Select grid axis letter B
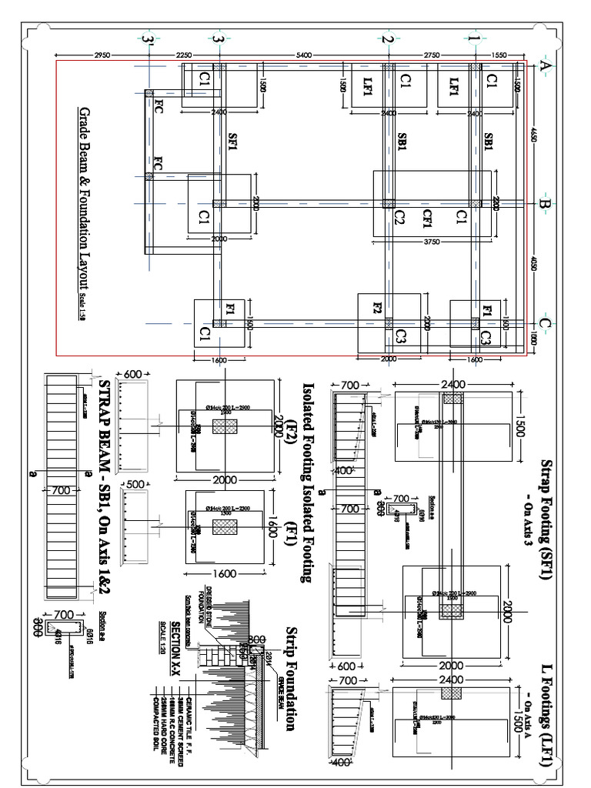(x=544, y=205)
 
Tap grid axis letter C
(x=544, y=325)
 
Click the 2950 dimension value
(x=103, y=55)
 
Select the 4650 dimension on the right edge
(x=533, y=138)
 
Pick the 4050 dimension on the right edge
(x=533, y=265)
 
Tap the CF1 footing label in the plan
(x=426, y=219)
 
